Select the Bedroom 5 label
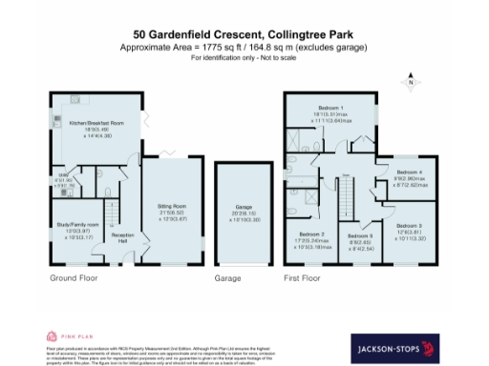(360, 236)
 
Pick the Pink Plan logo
(66, 335)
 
